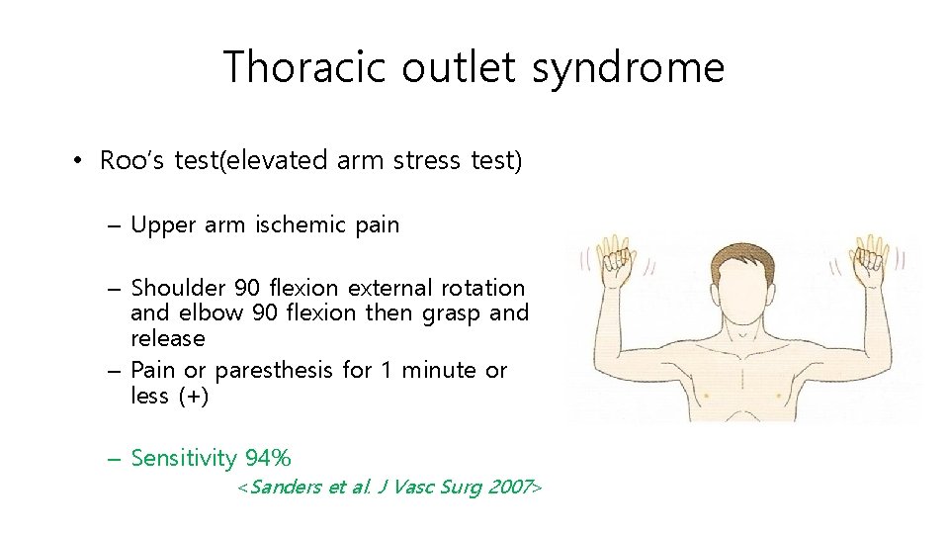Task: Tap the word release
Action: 168,338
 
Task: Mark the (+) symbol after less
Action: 194,396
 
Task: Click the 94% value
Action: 268,458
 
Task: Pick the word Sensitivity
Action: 184,458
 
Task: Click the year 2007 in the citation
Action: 509,488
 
